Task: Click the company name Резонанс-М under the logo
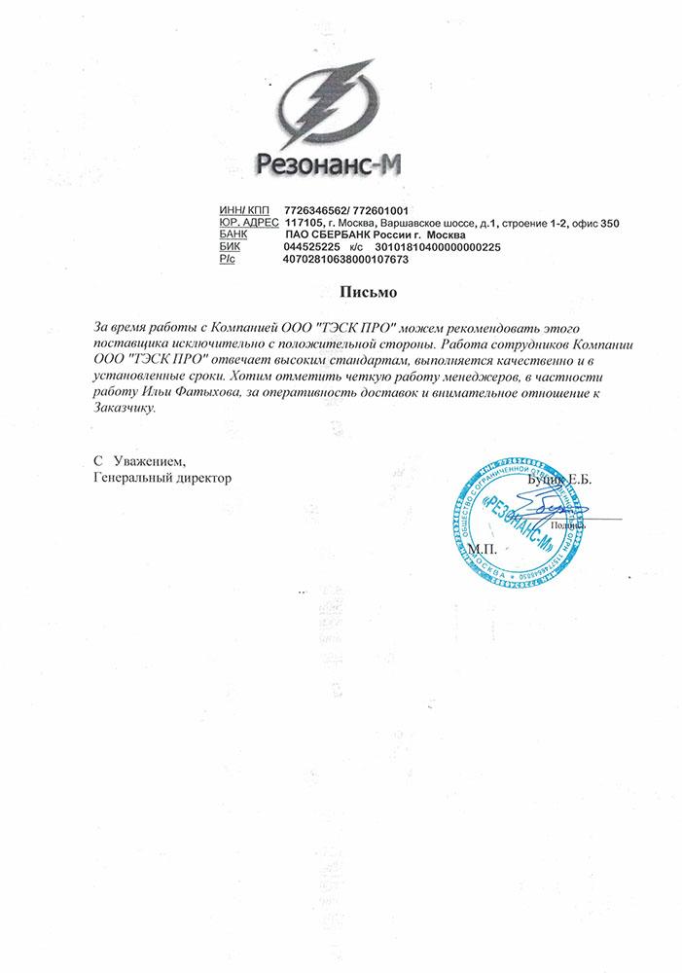pos(330,164)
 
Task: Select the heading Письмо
pos(369,291)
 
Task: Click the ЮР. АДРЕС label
pos(250,224)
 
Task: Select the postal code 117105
pos(305,224)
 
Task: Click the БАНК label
pos(235,235)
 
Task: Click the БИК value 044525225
pos(311,247)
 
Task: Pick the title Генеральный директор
pos(162,478)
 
